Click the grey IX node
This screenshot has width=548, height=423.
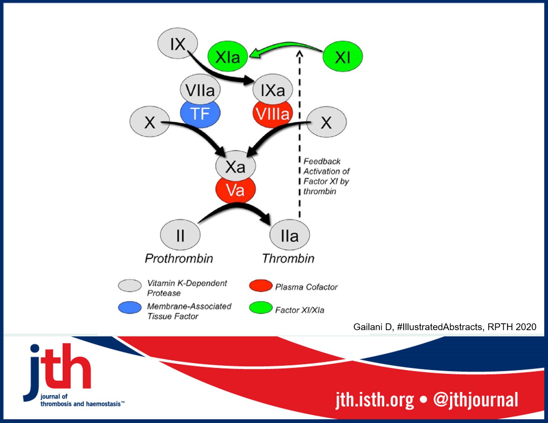pyautogui.click(x=177, y=44)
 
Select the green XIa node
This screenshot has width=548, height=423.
pyautogui.click(x=227, y=57)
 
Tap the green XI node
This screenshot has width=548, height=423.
pyautogui.click(x=342, y=57)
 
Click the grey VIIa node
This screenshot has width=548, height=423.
pyautogui.click(x=200, y=89)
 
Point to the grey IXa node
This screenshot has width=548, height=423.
pyautogui.click(x=272, y=89)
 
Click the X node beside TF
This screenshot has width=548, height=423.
pyautogui.click(x=149, y=122)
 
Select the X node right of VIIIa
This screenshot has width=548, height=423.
pyautogui.click(x=326, y=122)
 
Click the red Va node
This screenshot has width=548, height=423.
pyautogui.click(x=235, y=191)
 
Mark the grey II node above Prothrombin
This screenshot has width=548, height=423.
pyautogui.click(x=180, y=235)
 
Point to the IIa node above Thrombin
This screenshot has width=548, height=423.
pyautogui.click(x=289, y=235)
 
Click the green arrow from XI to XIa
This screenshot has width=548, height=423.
pyautogui.click(x=286, y=47)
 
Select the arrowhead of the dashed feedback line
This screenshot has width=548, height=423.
pyautogui.click(x=300, y=55)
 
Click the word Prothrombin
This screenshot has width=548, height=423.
pyautogui.click(x=179, y=258)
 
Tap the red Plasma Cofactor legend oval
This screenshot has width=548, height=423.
pyautogui.click(x=260, y=286)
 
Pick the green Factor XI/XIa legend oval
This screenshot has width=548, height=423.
pyautogui.click(x=260, y=308)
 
